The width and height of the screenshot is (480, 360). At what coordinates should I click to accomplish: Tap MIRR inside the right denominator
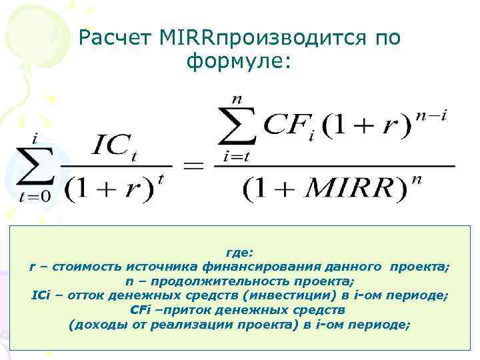[354, 189]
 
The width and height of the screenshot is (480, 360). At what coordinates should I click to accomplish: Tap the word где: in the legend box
[239, 253]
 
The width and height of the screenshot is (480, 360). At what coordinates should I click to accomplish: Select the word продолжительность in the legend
[203, 281]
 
